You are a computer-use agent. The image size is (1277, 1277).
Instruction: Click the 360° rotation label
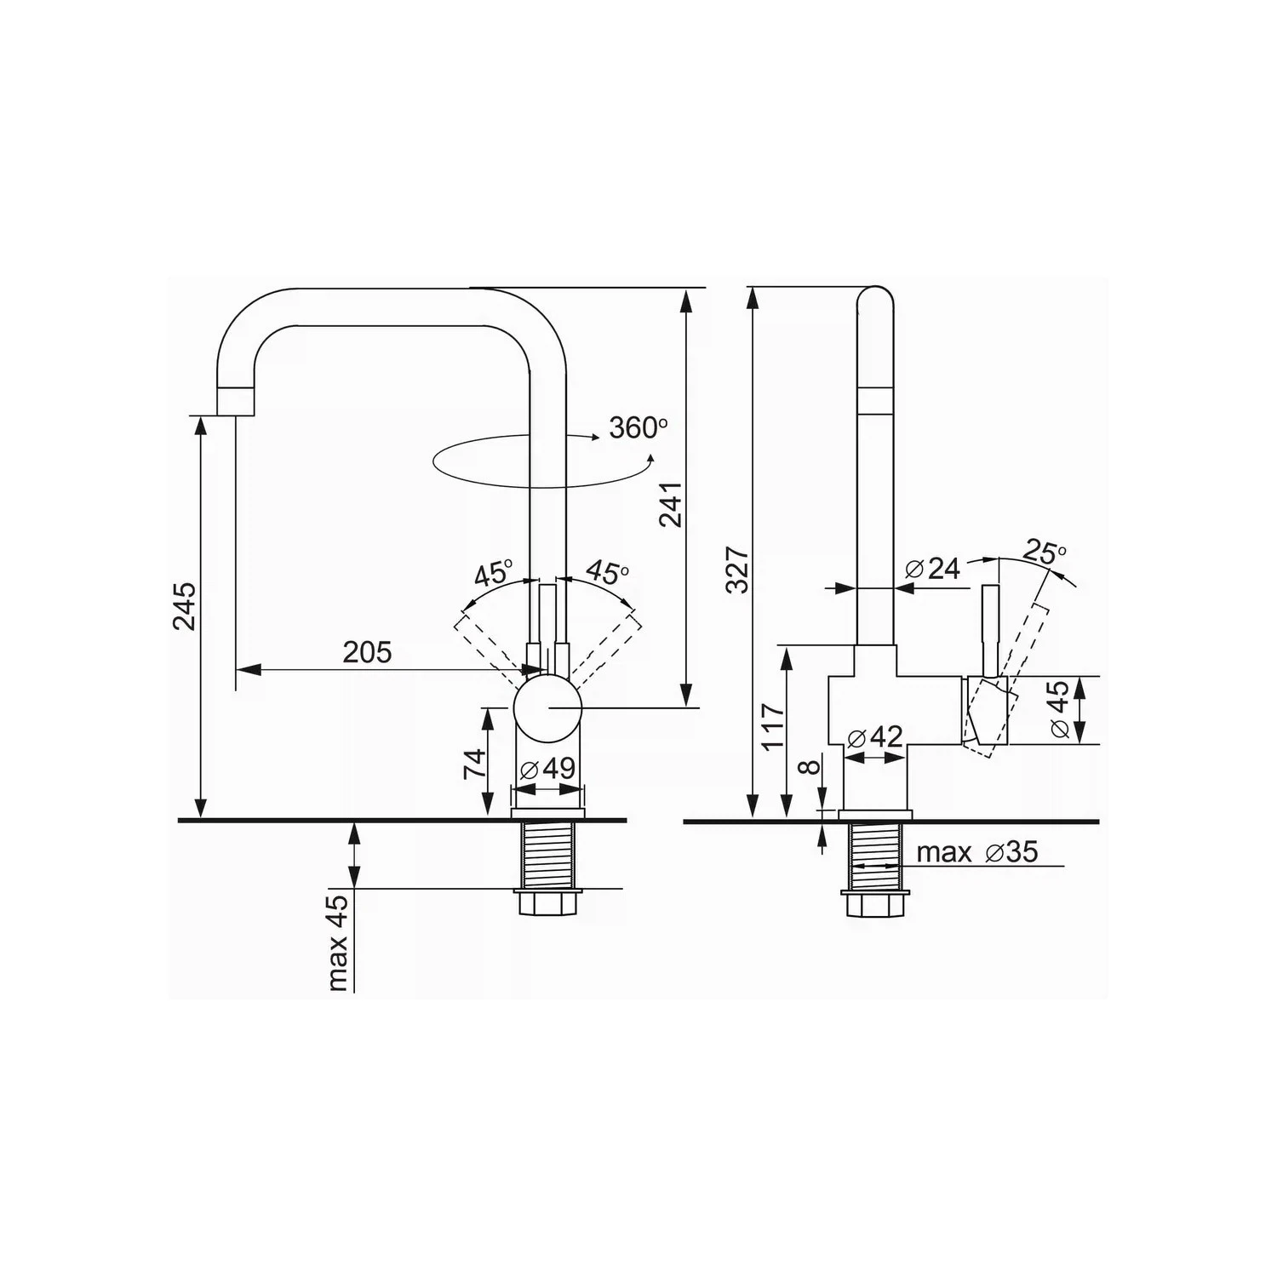point(634,427)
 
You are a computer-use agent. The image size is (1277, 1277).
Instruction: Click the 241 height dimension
point(672,504)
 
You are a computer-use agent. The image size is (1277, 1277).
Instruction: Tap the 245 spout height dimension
point(184,605)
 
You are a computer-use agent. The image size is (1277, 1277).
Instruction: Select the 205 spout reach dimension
point(367,652)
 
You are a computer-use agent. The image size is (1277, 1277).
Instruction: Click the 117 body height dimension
point(773,725)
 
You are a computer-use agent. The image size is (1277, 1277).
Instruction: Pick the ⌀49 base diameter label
point(548,768)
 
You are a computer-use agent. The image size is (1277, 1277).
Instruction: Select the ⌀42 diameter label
point(875,736)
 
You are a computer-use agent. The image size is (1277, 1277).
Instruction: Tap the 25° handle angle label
point(1045,553)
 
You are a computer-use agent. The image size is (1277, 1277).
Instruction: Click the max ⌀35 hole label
point(977,851)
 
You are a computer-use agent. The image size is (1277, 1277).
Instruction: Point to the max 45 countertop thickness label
point(339,943)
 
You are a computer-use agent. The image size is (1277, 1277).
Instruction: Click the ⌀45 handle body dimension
point(1059,709)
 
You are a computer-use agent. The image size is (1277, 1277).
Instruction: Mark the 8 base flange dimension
point(811,766)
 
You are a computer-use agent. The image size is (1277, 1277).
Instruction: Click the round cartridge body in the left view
point(548,708)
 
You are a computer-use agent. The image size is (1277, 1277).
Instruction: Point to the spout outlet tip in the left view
point(235,402)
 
